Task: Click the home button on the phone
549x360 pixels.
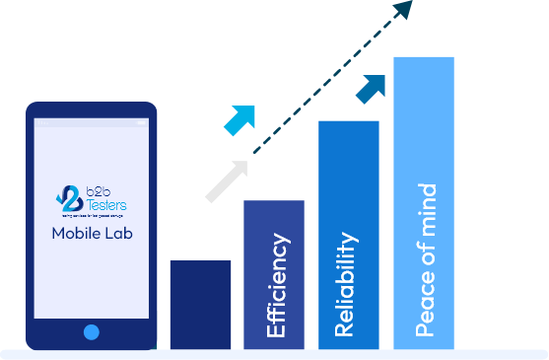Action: (x=92, y=332)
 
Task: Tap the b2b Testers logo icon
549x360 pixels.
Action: (x=69, y=199)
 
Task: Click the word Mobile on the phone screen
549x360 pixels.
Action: (x=75, y=235)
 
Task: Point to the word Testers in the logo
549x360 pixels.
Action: (x=103, y=205)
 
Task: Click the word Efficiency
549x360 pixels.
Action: (x=277, y=286)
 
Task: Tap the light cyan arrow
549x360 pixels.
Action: (x=240, y=119)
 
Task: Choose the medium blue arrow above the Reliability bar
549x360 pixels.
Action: (x=372, y=88)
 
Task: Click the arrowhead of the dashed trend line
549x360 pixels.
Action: (x=401, y=12)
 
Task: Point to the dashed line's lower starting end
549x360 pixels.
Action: (x=254, y=153)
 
